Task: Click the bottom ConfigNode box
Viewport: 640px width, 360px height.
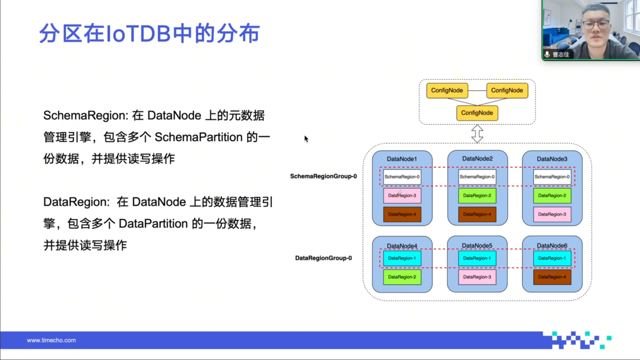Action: (477, 113)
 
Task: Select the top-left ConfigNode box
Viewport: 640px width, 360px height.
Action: (447, 90)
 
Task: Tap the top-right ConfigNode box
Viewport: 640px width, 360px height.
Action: (507, 90)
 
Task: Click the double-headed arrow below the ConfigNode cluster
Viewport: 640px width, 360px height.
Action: (477, 134)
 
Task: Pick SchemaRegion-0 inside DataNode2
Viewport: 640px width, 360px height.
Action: (477, 177)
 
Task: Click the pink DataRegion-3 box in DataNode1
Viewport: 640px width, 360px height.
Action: (402, 196)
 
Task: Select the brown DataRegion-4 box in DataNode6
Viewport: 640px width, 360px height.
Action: (552, 277)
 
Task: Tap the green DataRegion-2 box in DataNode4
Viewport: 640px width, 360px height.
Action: (402, 277)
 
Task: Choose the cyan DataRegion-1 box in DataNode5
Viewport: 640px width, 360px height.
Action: (477, 258)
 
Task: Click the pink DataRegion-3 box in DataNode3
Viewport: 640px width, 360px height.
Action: (552, 214)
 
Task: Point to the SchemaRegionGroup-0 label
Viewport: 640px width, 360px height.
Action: (323, 176)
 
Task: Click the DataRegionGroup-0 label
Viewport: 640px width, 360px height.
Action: (323, 258)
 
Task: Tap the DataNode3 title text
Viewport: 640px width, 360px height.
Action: (552, 159)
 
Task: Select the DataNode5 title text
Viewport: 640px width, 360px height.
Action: (477, 246)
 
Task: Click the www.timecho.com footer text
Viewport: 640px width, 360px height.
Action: (51, 340)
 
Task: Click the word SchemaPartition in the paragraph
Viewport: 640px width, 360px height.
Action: (198, 137)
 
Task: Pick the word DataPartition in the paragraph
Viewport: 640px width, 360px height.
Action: (153, 224)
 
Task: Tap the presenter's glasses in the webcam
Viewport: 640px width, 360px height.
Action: (596, 24)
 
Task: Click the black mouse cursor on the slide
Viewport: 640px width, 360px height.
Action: (306, 139)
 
